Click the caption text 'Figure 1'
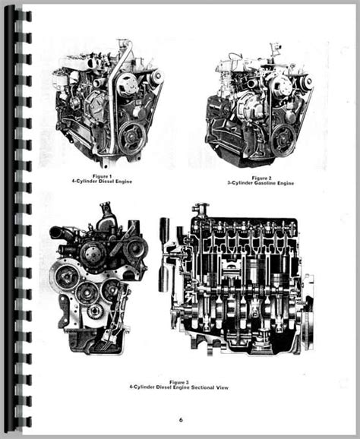[103, 176]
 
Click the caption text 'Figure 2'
[261, 178]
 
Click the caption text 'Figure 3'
[179, 382]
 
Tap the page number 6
[181, 420]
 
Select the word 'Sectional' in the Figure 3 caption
[202, 387]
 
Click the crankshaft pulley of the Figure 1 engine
[131, 137]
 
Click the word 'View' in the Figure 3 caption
[222, 387]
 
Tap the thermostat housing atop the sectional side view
[201, 210]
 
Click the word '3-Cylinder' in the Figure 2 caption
[240, 183]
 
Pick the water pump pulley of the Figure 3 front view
[93, 254]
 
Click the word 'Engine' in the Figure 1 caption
[124, 181]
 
